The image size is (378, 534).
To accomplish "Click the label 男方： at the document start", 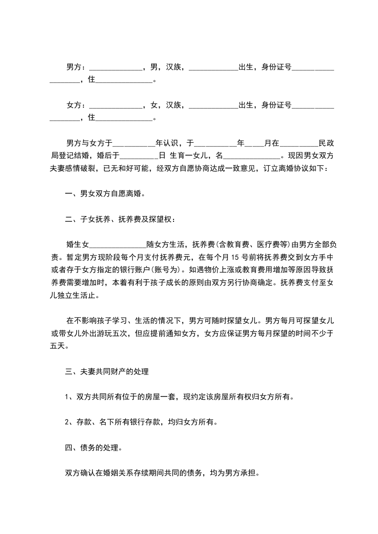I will [76, 68].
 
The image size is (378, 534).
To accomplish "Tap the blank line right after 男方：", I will [116, 69].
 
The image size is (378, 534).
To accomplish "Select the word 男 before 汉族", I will [153, 68].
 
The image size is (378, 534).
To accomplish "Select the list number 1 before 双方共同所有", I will [67, 397].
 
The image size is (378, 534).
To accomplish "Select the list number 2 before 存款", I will [67, 422].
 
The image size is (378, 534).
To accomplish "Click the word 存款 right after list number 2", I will [84, 422].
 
